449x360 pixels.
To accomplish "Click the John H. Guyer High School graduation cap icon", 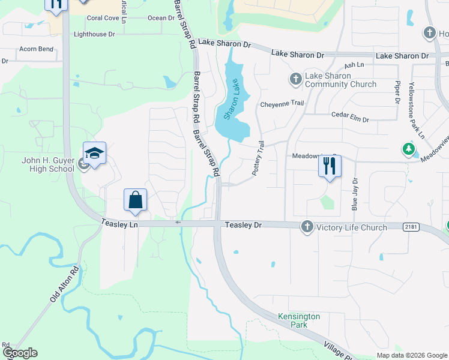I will [95, 154].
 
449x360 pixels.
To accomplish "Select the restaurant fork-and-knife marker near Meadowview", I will [330, 166].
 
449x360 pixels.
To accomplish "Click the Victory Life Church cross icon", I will [307, 226].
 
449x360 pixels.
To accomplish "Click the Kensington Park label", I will [299, 320].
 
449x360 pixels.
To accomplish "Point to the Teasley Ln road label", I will [120, 224].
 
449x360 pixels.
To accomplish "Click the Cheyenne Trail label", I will [282, 104].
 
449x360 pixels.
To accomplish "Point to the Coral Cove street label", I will [103, 18].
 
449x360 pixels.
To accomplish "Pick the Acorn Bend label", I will [37, 49].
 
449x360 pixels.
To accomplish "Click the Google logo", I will [19, 353].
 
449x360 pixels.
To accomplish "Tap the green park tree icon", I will [409, 148].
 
